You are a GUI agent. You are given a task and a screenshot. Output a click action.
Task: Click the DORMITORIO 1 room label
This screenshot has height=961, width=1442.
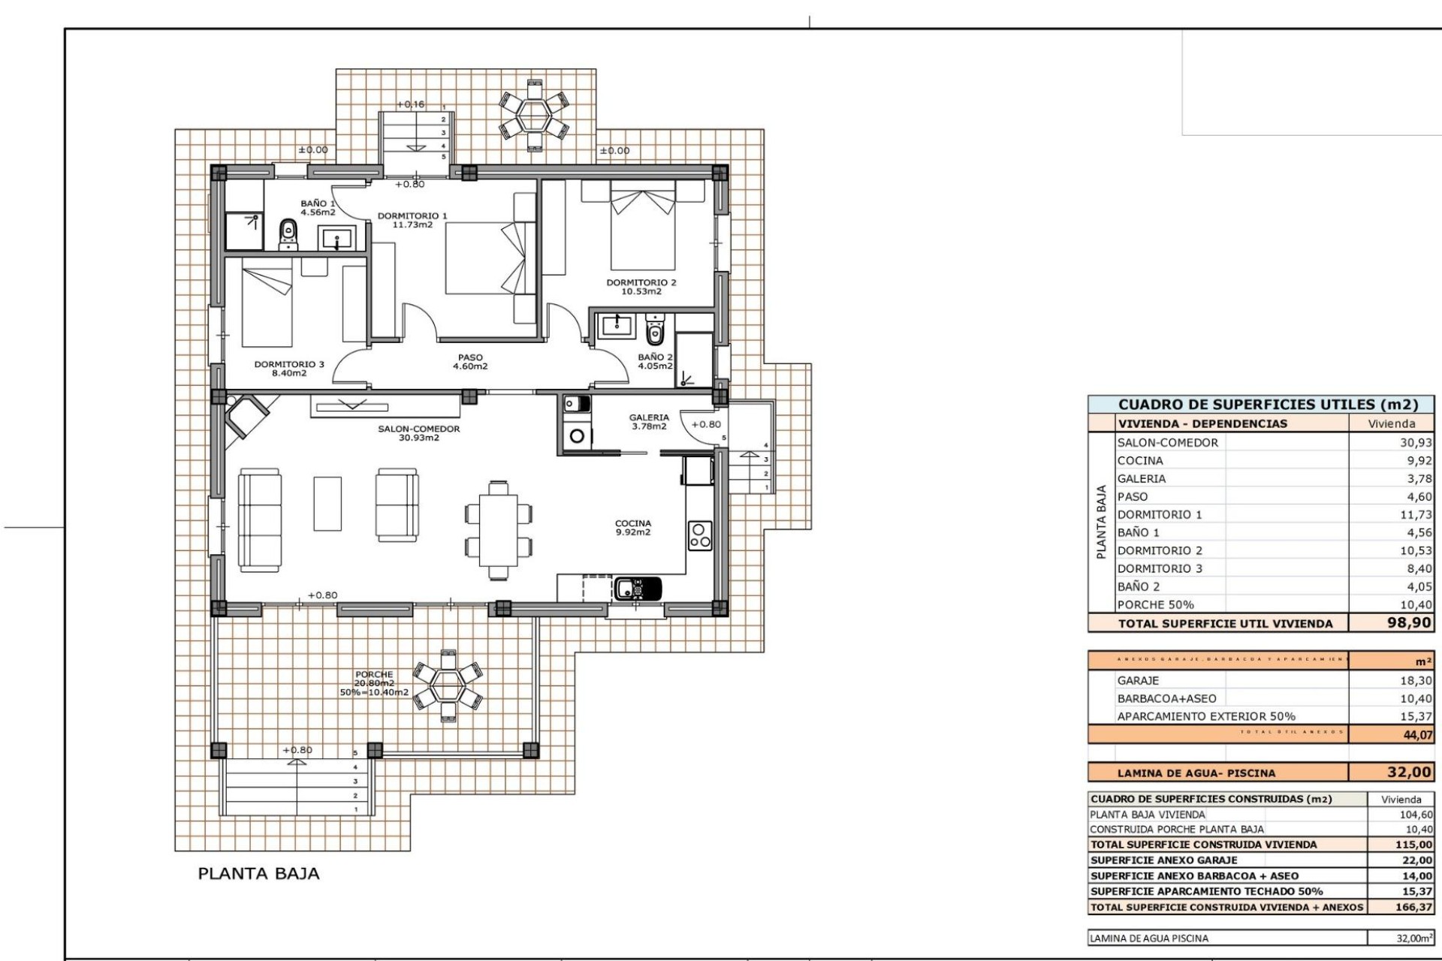(412, 220)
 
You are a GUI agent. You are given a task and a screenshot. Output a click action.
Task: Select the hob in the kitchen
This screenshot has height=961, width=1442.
(700, 535)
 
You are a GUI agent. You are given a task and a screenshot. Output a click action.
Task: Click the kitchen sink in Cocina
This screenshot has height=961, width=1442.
(638, 588)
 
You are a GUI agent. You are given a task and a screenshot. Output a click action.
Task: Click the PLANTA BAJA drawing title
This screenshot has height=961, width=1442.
(258, 873)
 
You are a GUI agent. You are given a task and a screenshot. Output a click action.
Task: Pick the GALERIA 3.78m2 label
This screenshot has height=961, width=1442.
(649, 422)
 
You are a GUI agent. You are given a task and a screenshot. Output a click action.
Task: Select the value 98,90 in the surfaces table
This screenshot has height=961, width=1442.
(1408, 622)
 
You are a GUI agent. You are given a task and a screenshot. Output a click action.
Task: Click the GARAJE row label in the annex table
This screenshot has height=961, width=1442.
(1138, 680)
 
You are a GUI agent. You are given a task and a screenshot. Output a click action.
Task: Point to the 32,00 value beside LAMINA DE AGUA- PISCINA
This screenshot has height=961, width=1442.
(1409, 772)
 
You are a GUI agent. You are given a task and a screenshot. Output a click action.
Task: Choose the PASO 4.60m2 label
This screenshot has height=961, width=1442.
(470, 362)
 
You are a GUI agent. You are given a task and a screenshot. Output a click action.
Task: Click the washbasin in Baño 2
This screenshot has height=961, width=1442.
(618, 324)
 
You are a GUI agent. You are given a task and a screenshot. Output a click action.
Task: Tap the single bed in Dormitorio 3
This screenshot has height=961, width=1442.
(267, 306)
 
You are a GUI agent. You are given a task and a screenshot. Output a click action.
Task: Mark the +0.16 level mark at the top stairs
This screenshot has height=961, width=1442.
(410, 104)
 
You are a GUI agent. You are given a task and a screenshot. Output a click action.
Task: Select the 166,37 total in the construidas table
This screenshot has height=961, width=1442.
(1413, 907)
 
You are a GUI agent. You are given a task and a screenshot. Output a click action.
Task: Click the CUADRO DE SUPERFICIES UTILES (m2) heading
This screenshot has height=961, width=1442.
(1268, 405)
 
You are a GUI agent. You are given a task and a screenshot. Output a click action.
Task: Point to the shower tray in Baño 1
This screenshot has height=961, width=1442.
(245, 230)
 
